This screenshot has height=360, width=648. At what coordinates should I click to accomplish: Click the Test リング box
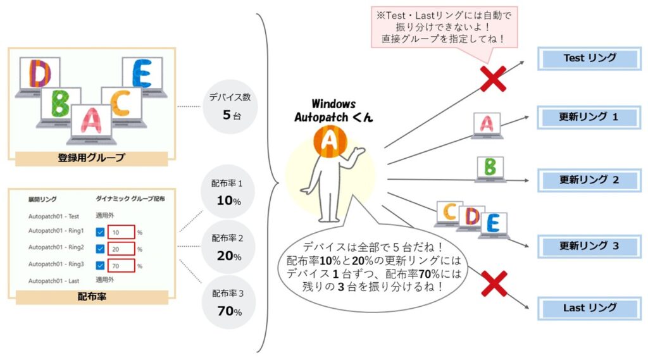589,58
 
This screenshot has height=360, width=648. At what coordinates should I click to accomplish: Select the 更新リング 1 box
589,117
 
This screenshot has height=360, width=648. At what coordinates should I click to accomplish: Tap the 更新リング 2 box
589,180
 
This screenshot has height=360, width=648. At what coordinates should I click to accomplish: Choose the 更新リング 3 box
589,246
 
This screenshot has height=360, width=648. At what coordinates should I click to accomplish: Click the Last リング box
589,308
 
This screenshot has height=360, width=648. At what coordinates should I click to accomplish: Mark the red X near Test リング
493,78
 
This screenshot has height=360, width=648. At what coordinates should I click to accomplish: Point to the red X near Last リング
494,283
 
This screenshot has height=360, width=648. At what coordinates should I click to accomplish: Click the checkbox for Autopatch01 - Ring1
100,232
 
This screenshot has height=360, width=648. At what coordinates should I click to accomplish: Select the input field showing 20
121,249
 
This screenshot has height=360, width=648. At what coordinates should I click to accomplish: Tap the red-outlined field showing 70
121,266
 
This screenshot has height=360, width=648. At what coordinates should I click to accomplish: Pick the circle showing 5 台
230,107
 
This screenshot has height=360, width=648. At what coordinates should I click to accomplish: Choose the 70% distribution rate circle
228,302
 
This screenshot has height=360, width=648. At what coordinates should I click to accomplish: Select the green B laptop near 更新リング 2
490,169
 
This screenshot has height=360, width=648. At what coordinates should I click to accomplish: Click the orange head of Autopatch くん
330,142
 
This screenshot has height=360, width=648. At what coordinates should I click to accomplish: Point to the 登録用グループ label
91,158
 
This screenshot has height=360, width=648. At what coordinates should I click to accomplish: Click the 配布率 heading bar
92,297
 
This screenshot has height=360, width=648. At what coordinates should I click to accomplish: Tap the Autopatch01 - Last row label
54,281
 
